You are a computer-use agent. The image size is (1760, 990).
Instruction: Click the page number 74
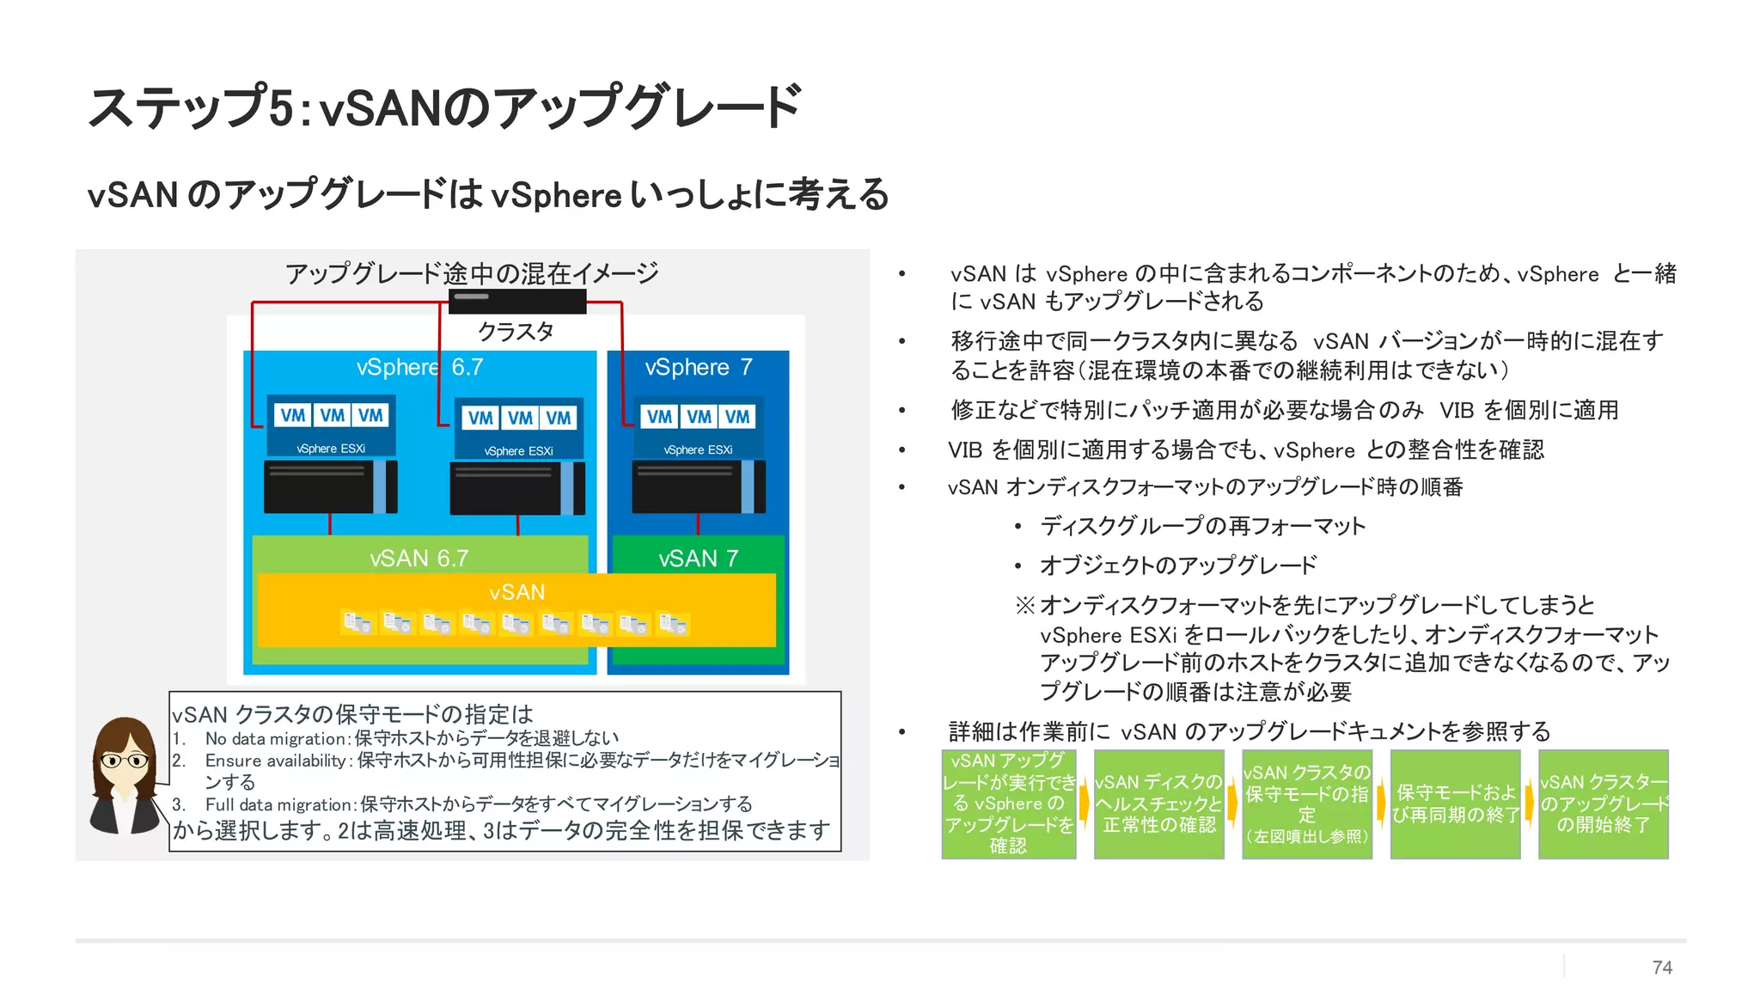click(x=1661, y=967)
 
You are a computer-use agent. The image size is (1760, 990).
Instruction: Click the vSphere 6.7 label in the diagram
click(x=419, y=368)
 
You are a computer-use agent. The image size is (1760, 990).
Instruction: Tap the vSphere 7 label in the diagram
click(x=698, y=368)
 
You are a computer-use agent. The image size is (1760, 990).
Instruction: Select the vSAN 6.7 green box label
click(x=419, y=559)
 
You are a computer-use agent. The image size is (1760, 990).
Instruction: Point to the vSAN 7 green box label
click(x=698, y=559)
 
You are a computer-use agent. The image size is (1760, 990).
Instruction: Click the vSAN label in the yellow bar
click(x=516, y=592)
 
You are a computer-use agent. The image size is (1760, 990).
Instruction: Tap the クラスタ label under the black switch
click(x=516, y=332)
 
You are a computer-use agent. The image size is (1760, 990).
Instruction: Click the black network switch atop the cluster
click(x=516, y=301)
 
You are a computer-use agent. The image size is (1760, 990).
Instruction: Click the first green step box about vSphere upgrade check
click(x=1008, y=804)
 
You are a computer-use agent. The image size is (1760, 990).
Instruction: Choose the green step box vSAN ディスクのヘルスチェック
click(x=1158, y=804)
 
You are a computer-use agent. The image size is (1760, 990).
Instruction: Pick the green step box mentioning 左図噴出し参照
click(x=1306, y=804)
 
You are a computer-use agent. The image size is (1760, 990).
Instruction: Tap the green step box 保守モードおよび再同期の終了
click(x=1455, y=804)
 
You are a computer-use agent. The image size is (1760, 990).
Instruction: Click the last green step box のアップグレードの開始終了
click(x=1603, y=804)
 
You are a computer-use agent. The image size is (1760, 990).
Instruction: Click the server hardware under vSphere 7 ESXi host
click(x=698, y=487)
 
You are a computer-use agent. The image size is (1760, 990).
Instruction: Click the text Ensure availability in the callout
click(x=275, y=761)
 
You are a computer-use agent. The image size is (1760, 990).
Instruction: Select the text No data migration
click(x=275, y=738)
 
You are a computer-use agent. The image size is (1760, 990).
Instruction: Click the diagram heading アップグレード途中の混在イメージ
click(x=471, y=273)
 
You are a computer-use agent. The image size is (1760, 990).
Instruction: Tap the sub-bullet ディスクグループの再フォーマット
click(x=1201, y=526)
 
